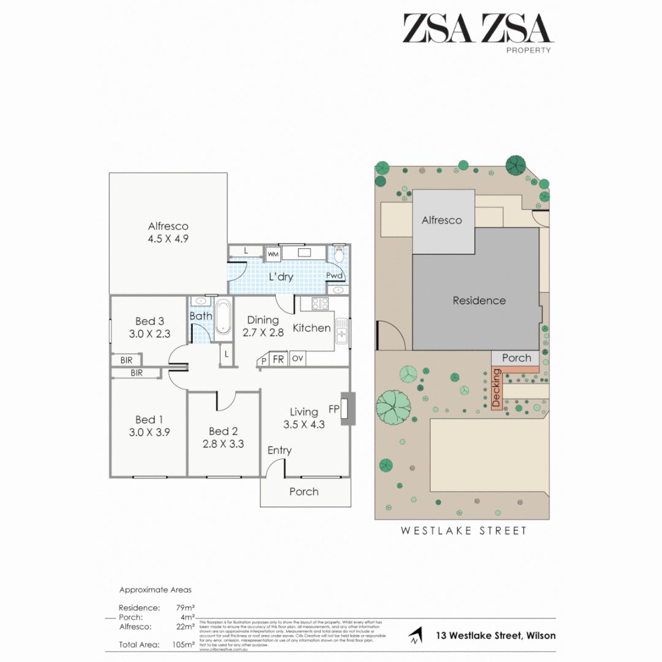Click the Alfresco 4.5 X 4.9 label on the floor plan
point(167,232)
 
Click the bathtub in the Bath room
point(223,316)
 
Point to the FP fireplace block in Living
point(348,409)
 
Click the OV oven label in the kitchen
point(297,359)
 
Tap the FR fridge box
point(278,359)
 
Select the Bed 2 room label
point(223,437)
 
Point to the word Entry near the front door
point(280,451)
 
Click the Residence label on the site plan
point(479,300)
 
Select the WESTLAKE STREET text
point(463,531)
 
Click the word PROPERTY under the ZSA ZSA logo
point(528,50)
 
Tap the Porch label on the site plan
point(516,358)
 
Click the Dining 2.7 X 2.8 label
point(262,326)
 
